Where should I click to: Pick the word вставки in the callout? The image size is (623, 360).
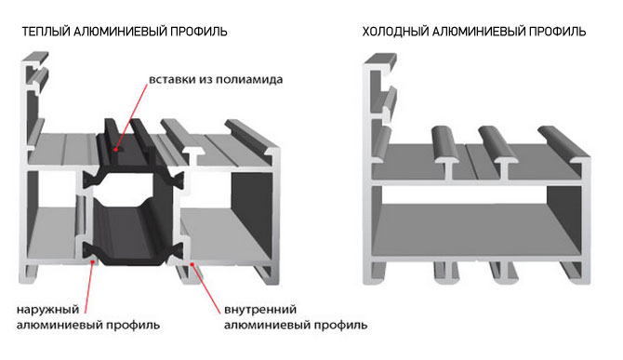click(x=169, y=79)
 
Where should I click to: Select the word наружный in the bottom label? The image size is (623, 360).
click(x=45, y=309)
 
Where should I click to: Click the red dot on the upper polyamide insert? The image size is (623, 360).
click(x=115, y=146)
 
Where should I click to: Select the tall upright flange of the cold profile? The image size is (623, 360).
click(x=374, y=112)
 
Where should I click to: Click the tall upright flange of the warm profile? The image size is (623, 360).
click(x=32, y=112)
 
